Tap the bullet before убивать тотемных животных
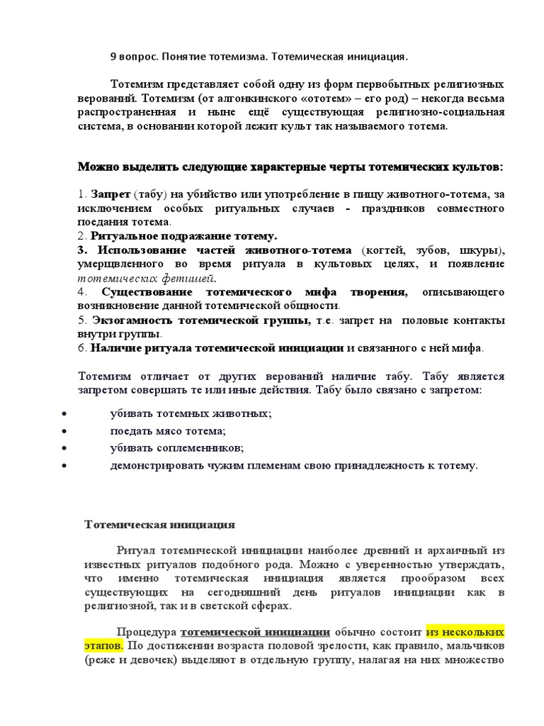65,413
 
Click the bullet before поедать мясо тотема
65,430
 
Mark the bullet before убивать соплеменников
65,448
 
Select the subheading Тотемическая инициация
159,525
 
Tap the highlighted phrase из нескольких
465,631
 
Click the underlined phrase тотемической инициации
255,632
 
